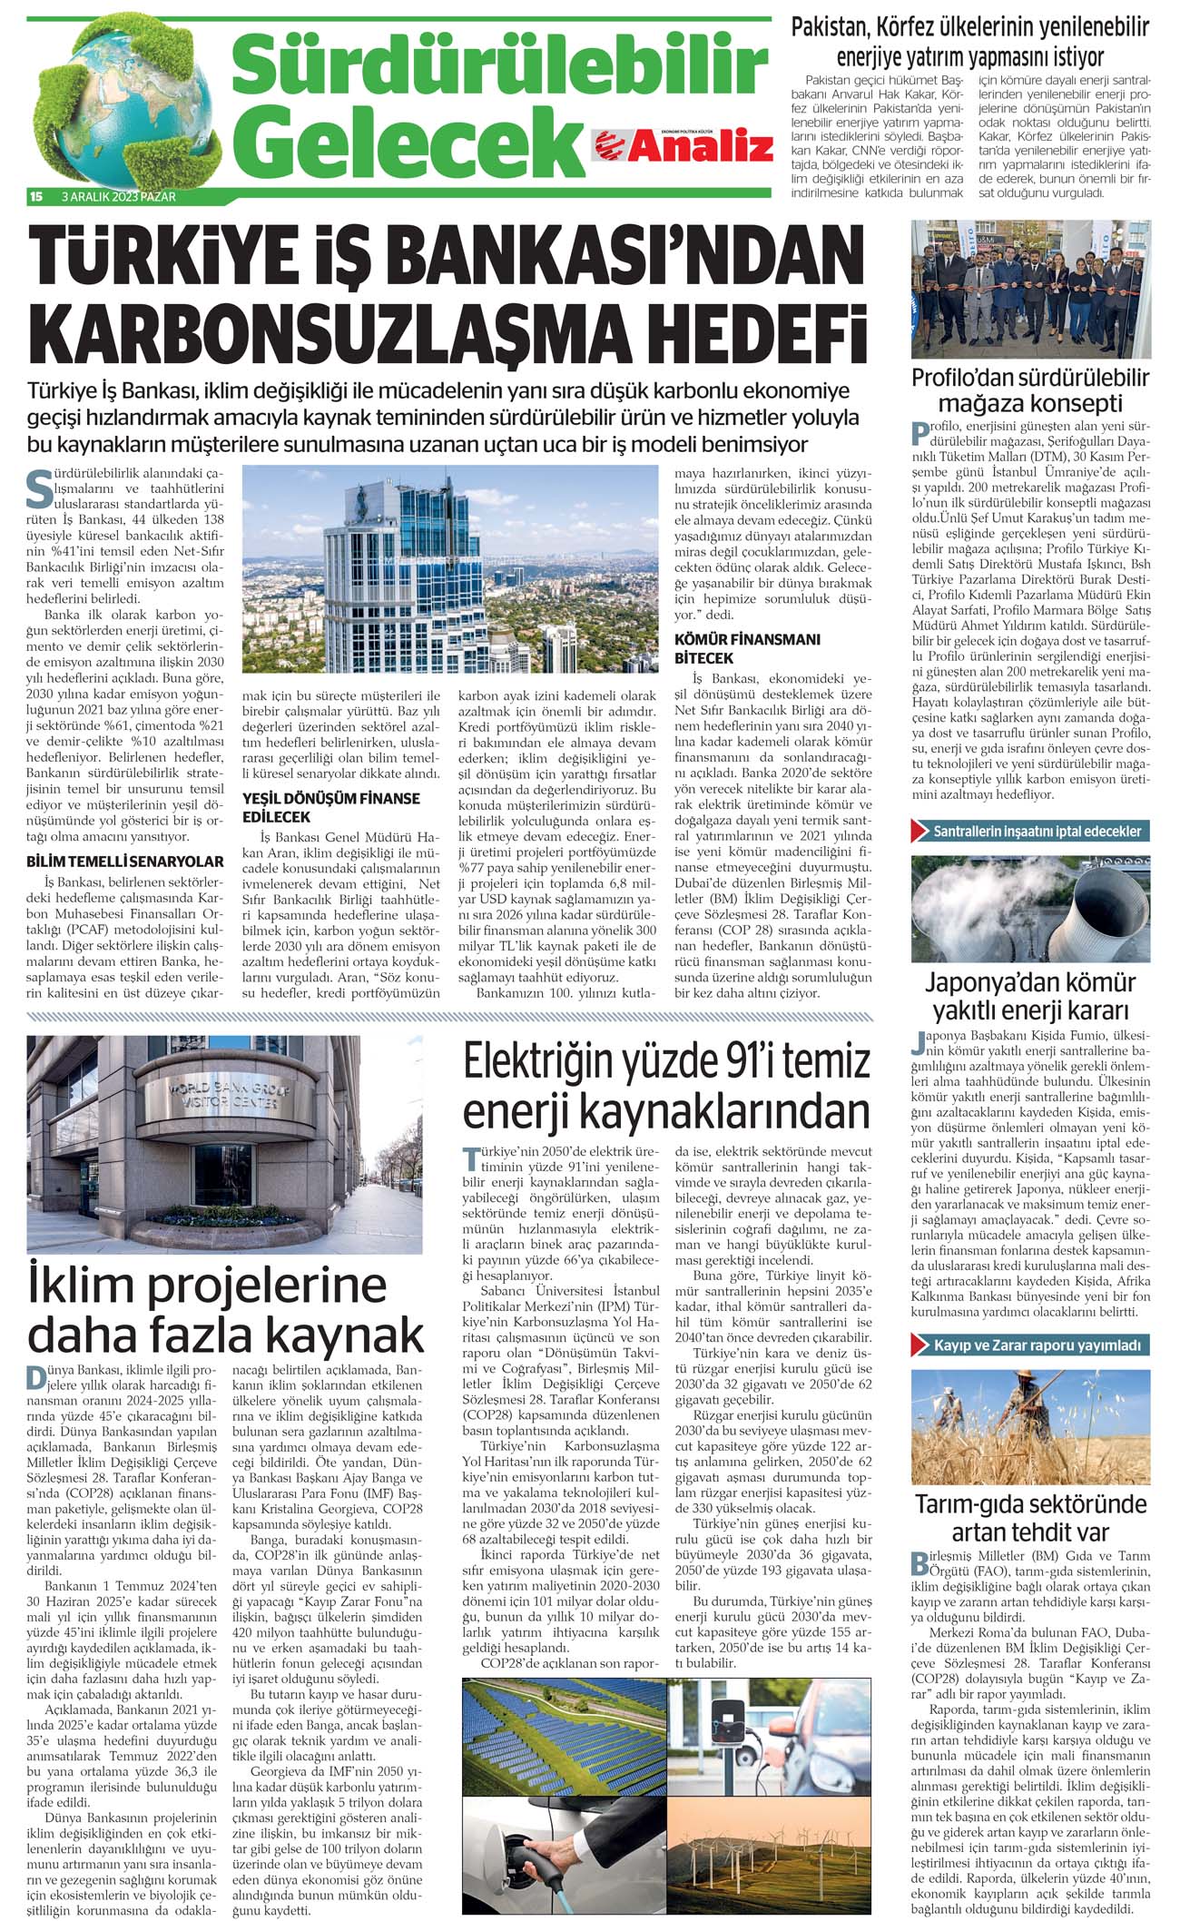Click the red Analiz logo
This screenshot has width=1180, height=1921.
tap(683, 144)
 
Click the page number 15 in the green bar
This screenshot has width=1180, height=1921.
tap(37, 196)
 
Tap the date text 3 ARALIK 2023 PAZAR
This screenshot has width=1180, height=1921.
tap(118, 196)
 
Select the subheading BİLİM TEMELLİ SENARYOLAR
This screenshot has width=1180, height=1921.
tap(125, 861)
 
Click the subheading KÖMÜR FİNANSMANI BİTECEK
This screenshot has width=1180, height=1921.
tap(747, 648)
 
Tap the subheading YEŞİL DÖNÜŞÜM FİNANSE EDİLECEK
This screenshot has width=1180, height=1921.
tap(331, 807)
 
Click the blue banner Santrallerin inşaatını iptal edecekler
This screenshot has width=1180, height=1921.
tap(1030, 831)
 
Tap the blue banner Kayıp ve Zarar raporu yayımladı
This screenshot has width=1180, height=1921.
tap(1030, 1345)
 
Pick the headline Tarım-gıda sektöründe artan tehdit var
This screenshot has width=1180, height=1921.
tap(1030, 1518)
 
